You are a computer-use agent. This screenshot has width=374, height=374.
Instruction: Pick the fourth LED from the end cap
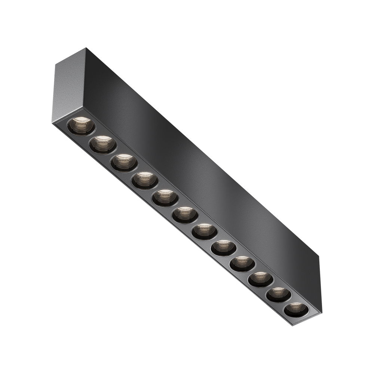145,180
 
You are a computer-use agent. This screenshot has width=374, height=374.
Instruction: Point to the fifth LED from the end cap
165,197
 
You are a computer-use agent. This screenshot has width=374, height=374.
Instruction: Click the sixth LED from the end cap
185,215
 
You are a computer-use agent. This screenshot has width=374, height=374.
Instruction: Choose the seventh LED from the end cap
204,231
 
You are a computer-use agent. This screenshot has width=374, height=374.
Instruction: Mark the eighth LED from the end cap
223,247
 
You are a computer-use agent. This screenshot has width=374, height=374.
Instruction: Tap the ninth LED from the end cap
242,263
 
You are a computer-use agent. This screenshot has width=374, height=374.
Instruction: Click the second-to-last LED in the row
278,294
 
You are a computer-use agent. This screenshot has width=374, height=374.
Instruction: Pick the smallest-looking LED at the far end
296,309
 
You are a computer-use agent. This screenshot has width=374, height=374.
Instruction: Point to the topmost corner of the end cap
86,48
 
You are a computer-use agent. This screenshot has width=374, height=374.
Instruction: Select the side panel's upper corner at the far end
319,257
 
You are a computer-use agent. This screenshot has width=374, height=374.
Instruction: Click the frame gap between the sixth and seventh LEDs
194,223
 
